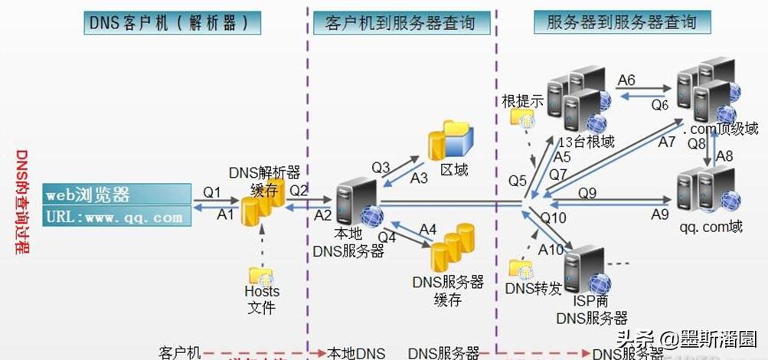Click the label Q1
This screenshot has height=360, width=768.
click(212, 192)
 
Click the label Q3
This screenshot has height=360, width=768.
click(381, 166)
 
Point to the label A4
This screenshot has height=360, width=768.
click(427, 228)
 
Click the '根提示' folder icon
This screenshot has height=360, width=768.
click(523, 116)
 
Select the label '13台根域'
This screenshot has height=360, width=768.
click(587, 142)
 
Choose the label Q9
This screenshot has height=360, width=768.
click(587, 193)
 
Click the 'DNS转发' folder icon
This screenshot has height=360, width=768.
click(521, 269)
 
